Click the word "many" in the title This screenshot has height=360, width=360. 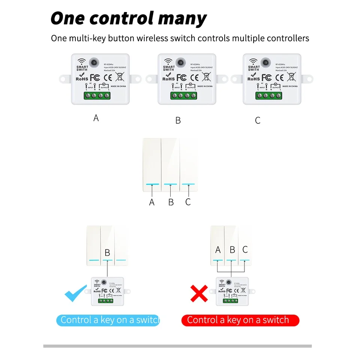pos(180,18)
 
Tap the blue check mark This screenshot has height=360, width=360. pos(76,293)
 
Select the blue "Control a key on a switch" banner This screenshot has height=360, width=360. pos(108,320)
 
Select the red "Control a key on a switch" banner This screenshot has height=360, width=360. pos(240,320)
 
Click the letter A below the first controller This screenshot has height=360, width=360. pos(96,118)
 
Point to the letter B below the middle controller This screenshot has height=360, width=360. pos(178,120)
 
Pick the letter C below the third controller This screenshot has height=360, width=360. pos(258,120)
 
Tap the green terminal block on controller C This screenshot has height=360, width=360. pos(268,96)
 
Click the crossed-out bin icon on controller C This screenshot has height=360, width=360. pos(291,76)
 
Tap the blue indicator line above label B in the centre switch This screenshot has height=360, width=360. pos(171,184)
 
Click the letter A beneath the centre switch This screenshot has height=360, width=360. pos(152,202)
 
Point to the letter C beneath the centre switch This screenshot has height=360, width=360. pos(188,202)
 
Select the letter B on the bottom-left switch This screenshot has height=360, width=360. pos(107,253)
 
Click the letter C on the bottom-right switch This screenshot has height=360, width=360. pos(245,250)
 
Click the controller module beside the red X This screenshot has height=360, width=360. pos(232,291)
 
